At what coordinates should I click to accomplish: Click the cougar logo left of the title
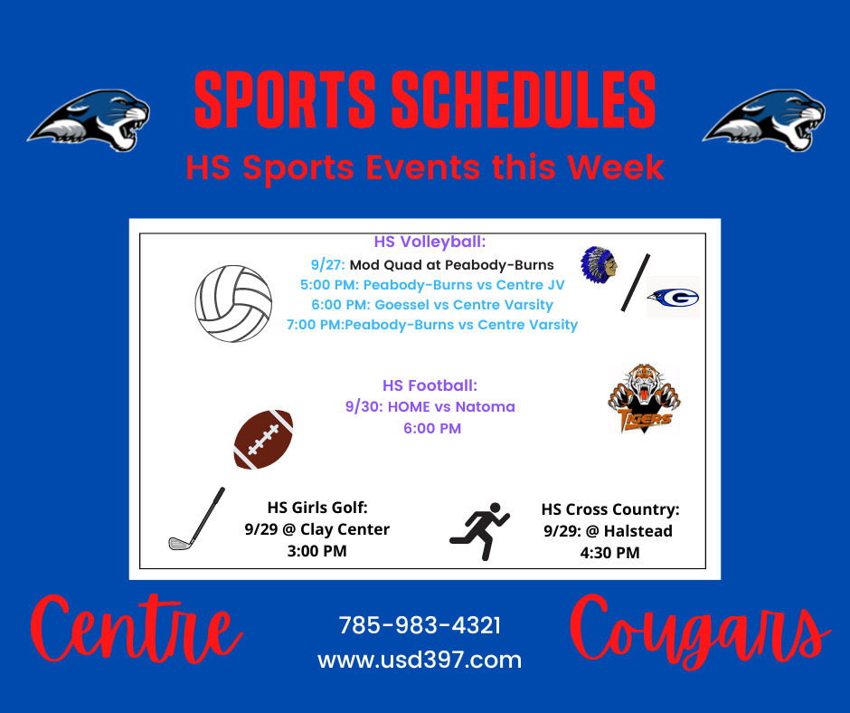(x=90, y=120)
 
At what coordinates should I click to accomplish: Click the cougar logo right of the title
(x=764, y=120)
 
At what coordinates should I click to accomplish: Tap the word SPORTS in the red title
(x=285, y=100)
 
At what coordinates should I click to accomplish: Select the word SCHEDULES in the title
(x=524, y=100)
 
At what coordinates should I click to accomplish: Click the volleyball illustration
(x=233, y=304)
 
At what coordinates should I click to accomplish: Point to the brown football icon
(x=263, y=440)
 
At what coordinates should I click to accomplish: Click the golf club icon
(x=197, y=518)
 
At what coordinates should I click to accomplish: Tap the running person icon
(x=480, y=531)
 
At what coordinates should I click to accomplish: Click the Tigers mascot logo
(x=644, y=399)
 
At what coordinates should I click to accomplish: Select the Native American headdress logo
(x=600, y=265)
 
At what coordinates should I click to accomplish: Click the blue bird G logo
(x=674, y=298)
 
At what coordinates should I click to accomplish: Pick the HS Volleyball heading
(x=430, y=242)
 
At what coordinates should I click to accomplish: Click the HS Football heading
(x=430, y=385)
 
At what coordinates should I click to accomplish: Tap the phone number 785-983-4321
(x=420, y=625)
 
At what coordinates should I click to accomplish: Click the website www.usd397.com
(x=420, y=660)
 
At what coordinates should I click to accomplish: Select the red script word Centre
(x=137, y=630)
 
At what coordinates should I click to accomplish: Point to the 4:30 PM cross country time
(x=609, y=553)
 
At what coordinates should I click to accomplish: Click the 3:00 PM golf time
(x=317, y=551)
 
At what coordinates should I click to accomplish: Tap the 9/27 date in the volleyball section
(x=327, y=265)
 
